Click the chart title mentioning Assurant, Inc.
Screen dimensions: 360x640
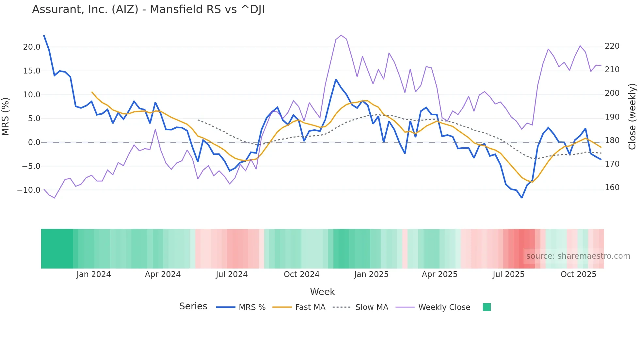(x=148, y=9)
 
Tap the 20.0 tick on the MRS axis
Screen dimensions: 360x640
(x=32, y=47)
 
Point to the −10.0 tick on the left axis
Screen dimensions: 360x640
(x=29, y=190)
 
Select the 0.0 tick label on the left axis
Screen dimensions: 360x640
(x=34, y=142)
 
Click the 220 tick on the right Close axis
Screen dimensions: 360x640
(x=612, y=46)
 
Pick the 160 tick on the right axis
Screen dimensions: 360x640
(x=612, y=188)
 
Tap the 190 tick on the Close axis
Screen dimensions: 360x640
(x=612, y=117)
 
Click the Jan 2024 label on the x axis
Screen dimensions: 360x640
(x=94, y=274)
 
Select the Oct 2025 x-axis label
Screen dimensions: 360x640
(x=578, y=274)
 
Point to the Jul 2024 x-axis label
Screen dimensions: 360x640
(x=232, y=274)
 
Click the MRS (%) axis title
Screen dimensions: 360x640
(x=6, y=116)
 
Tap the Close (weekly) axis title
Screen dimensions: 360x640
(x=632, y=116)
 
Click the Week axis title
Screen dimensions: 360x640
(x=322, y=292)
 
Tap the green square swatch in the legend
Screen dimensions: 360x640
(x=487, y=307)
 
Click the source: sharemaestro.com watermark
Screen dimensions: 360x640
(x=578, y=256)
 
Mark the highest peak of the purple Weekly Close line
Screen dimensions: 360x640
(x=341, y=35)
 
